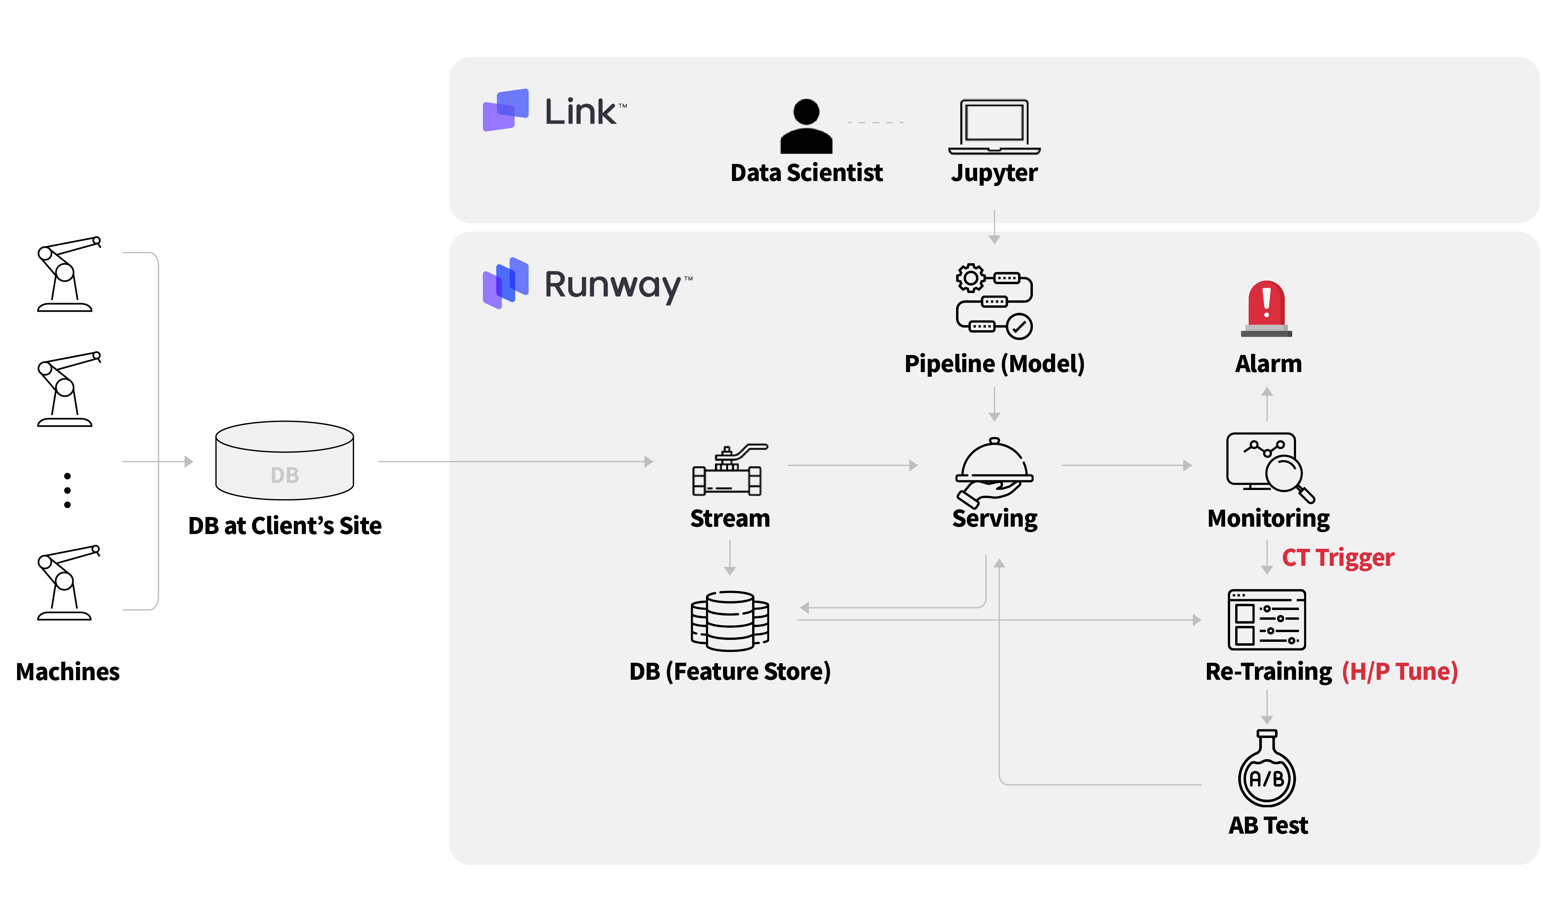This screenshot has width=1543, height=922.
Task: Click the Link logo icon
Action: click(x=505, y=110)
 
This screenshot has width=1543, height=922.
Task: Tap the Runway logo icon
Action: click(x=505, y=283)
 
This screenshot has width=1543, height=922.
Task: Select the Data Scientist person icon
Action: click(x=806, y=126)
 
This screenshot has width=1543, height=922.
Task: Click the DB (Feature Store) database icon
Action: click(x=730, y=620)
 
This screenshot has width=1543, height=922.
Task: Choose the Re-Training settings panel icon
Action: click(x=1267, y=619)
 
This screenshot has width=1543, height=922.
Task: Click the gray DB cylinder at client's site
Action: click(x=285, y=461)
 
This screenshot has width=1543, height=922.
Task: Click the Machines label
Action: click(x=68, y=672)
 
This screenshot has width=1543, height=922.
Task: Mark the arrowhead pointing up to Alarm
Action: click(x=1267, y=391)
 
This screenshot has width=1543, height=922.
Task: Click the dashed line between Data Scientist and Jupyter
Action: click(x=875, y=122)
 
